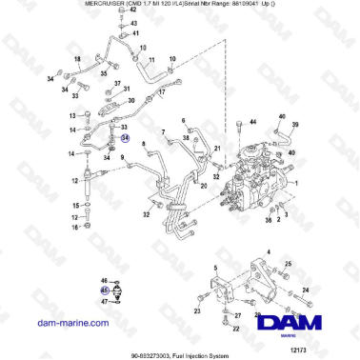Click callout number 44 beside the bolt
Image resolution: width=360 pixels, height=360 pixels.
[x=252, y=123]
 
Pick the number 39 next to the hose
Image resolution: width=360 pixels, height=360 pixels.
[x=294, y=125]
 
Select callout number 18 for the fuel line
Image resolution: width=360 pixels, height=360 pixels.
[x=76, y=58]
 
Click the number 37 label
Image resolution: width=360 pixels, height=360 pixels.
[x=125, y=85]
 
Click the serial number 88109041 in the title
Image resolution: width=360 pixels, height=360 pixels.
[x=247, y=5]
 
